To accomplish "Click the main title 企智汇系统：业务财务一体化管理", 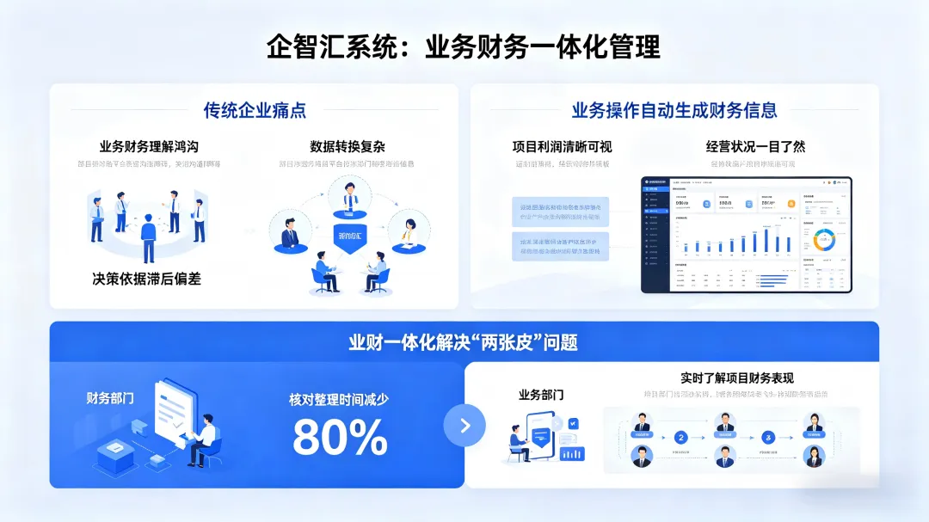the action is point(464,46).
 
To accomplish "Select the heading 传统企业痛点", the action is point(255,110).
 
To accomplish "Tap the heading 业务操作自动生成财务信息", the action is point(674,110).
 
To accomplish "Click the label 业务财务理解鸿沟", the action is point(149,146).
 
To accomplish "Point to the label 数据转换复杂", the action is point(348,146).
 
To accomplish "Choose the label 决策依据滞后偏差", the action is point(146,279).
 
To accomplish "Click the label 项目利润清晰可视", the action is point(563,146).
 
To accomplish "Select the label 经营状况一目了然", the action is point(755,146).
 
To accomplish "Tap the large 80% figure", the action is point(340,437).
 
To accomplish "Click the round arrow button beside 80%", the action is point(464,425).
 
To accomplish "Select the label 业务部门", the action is point(541,395).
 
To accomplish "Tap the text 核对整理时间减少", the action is point(339,400).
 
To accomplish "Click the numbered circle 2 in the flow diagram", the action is point(680,437).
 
